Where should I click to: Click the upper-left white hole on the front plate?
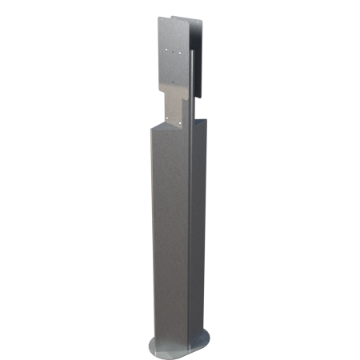pos(165,50)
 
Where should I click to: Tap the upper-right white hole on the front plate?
pos(184,50)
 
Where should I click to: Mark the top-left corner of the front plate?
pos(158,18)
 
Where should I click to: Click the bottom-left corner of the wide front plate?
pos(158,88)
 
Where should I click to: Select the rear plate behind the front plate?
pos(202,48)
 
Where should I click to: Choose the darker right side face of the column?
pos(198,232)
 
